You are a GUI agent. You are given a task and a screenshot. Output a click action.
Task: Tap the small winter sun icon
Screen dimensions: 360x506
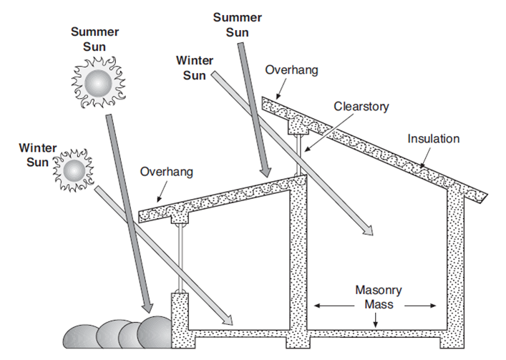point(74,170)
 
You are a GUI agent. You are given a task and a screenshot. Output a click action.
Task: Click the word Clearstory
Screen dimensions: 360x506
point(361,106)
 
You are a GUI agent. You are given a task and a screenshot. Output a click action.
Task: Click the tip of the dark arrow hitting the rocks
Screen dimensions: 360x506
point(148,313)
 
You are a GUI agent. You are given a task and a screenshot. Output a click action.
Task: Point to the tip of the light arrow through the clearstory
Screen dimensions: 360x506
point(371,234)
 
